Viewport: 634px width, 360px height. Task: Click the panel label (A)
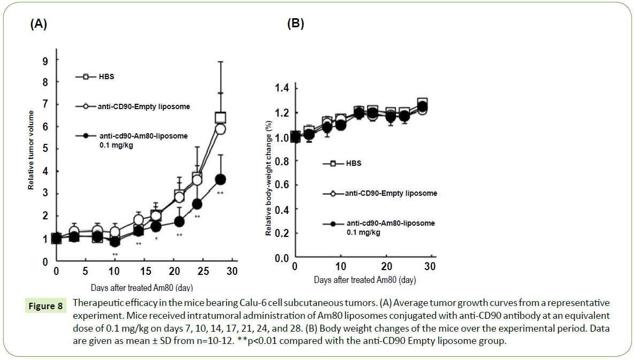click(x=39, y=24)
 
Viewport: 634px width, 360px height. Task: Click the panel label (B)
click(x=295, y=24)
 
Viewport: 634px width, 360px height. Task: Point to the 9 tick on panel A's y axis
click(x=45, y=61)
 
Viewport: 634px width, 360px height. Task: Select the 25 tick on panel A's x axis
click(x=203, y=271)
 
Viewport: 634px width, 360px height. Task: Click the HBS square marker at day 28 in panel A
click(x=220, y=118)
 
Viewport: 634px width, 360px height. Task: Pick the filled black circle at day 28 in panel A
click(x=220, y=179)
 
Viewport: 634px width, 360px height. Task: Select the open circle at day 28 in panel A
click(x=220, y=129)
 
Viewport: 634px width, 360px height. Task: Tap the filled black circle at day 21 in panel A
click(x=179, y=221)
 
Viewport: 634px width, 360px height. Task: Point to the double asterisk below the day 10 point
click(x=114, y=254)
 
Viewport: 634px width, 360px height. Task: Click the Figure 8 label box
click(x=45, y=307)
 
